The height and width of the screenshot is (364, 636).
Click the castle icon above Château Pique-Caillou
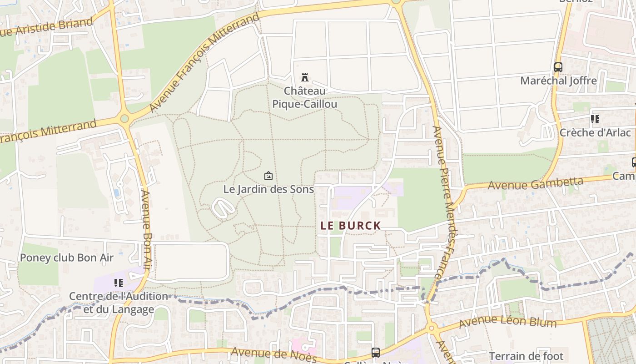click(x=305, y=77)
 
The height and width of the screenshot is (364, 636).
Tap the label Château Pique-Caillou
click(x=305, y=97)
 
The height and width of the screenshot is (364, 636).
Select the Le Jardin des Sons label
click(x=268, y=189)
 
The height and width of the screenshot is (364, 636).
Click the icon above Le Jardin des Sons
click(x=268, y=176)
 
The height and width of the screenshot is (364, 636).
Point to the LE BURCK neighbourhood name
click(x=350, y=225)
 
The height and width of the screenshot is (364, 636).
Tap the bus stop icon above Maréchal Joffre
click(x=558, y=67)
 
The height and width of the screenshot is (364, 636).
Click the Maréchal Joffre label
click(x=558, y=81)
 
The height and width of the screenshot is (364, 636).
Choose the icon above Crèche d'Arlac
click(x=595, y=119)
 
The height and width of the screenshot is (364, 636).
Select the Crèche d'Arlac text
click(x=595, y=132)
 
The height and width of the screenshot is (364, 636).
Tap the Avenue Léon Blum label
click(x=507, y=322)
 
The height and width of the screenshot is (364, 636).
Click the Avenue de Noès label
click(x=273, y=354)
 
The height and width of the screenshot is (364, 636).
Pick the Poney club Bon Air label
click(x=66, y=258)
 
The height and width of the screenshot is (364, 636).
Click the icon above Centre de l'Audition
click(x=119, y=283)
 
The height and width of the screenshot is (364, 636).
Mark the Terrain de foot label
click(x=526, y=356)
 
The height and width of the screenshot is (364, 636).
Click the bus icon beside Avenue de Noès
click(x=376, y=352)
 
